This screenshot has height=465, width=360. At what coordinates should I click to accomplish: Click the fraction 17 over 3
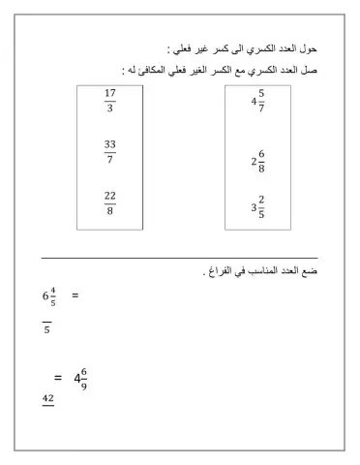point(109,101)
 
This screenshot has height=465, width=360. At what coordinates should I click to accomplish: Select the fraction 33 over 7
point(109,151)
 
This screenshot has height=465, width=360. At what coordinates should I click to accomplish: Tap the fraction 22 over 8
point(109,203)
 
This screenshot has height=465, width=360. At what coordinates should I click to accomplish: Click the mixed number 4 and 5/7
point(257,101)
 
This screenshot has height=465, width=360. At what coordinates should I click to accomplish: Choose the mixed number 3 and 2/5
point(257,206)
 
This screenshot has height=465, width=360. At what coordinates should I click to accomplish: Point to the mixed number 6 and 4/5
point(48,297)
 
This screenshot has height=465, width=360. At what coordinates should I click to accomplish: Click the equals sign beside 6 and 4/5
point(75,295)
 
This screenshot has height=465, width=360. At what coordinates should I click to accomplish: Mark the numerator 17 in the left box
point(109,94)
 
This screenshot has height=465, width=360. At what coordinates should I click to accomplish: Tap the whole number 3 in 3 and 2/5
point(253,207)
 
